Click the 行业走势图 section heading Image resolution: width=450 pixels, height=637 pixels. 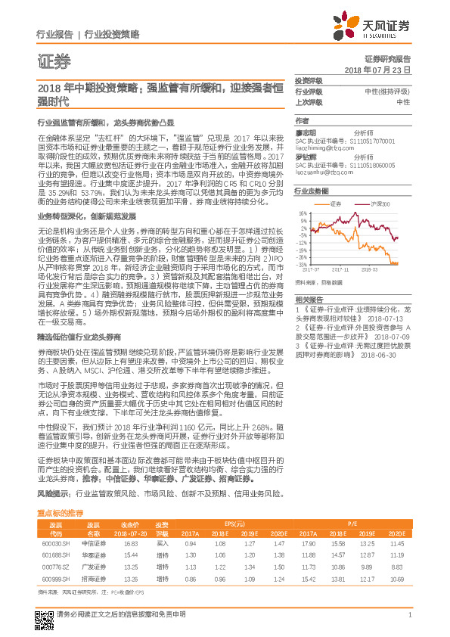click(312, 192)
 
